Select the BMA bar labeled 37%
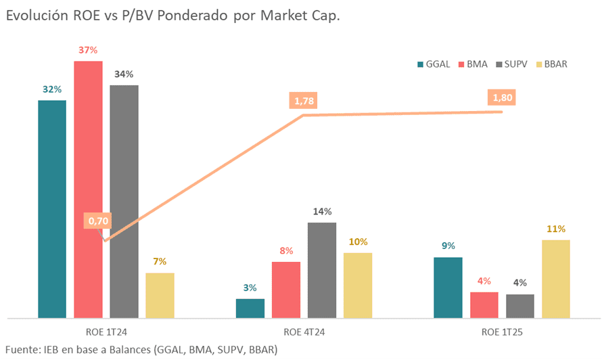pyautogui.click(x=88, y=189)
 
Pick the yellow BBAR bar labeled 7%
pyautogui.click(x=160, y=294)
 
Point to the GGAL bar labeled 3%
pyautogui.click(x=250, y=308)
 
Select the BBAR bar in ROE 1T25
pyautogui.click(x=556, y=278)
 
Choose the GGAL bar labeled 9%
pyautogui.click(x=448, y=287)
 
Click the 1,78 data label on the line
pyautogui.click(x=304, y=102)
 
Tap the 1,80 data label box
pyautogui.click(x=503, y=98)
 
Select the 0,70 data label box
pyautogui.click(x=98, y=221)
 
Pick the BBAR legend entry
pyautogui.click(x=551, y=64)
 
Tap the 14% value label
pyautogui.click(x=322, y=212)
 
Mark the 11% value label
pyautogui.click(x=556, y=229)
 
